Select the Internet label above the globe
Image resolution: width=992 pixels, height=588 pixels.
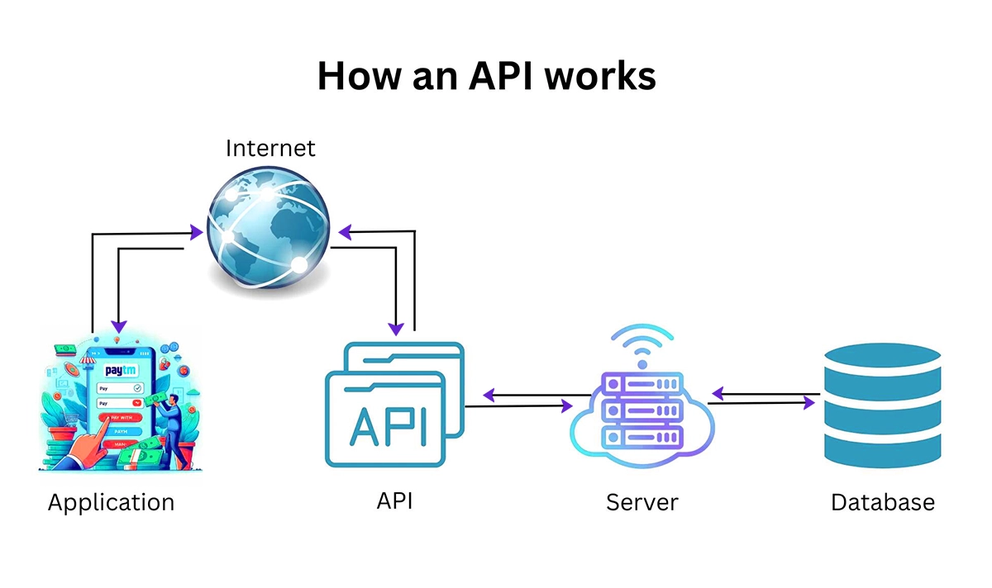coord(270,149)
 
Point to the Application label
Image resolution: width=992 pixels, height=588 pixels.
coord(111,502)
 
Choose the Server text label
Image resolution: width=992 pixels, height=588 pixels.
coord(641,502)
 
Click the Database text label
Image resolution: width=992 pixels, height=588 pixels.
coord(883,502)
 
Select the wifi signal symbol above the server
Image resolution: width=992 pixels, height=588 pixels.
coord(641,345)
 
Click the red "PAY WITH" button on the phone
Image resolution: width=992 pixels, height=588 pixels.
coord(119,419)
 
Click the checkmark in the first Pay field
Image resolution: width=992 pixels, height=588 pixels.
coord(137,388)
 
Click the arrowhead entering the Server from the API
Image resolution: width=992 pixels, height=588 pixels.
coord(566,406)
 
